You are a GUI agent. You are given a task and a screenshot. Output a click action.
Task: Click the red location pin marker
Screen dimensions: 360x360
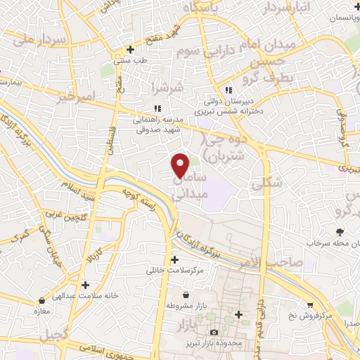click(x=181, y=165)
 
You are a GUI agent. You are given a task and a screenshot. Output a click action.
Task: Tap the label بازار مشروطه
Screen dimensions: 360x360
click(x=185, y=307)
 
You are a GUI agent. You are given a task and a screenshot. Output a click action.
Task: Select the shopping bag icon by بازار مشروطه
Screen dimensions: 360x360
click(x=185, y=296)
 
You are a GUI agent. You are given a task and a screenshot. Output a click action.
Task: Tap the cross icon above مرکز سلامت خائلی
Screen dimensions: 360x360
click(x=174, y=259)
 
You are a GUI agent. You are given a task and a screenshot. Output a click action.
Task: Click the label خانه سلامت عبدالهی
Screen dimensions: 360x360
click(x=85, y=296)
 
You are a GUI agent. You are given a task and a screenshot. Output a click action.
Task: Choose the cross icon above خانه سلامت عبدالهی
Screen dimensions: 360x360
click(x=86, y=285)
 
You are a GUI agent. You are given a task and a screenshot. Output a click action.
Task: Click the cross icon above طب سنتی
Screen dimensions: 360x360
click(x=130, y=50)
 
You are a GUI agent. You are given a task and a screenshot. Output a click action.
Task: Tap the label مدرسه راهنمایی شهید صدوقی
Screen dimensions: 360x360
click(x=158, y=124)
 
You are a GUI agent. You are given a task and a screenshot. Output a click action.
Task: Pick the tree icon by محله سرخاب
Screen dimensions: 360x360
click(x=340, y=232)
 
